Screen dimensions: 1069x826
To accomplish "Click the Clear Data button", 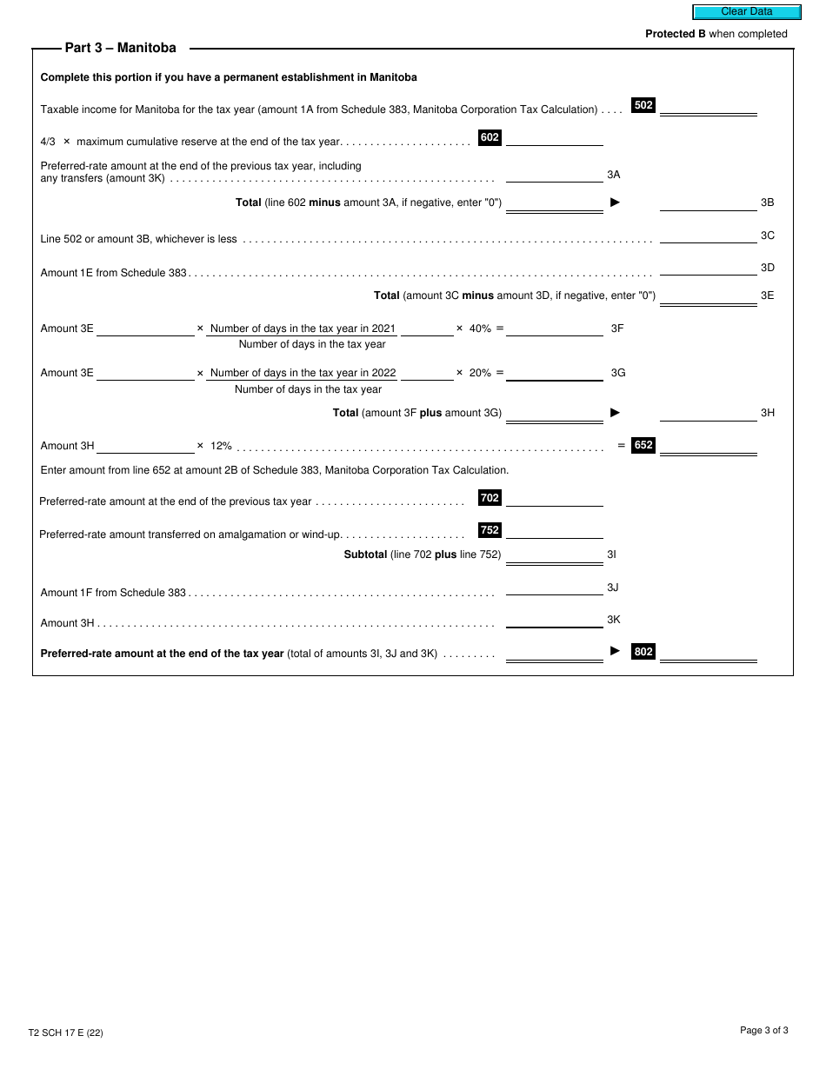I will click(x=746, y=12).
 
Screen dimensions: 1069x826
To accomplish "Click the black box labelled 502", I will click(x=643, y=105).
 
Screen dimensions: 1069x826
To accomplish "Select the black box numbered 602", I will click(x=490, y=137).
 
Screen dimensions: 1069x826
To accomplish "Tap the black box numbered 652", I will click(x=643, y=445).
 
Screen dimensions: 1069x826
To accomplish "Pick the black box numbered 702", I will click(x=490, y=498).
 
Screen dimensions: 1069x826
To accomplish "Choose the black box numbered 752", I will click(x=490, y=530).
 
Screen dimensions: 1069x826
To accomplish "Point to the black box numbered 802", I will click(x=643, y=652).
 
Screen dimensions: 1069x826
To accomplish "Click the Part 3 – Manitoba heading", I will click(x=120, y=48).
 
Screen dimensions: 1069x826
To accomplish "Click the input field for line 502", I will click(x=708, y=107).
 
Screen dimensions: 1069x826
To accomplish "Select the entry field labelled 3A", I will click(x=554, y=175).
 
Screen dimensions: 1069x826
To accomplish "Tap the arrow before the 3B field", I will click(x=616, y=203).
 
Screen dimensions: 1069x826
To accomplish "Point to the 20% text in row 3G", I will click(x=480, y=373).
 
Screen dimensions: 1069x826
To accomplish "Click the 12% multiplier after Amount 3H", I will click(x=221, y=446).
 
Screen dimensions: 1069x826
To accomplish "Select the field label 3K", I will click(x=614, y=620).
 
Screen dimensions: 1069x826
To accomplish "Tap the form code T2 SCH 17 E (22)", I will click(x=66, y=1032).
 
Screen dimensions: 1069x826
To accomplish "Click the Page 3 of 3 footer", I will click(x=763, y=1031).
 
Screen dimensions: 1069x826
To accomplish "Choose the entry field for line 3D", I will click(x=708, y=268).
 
